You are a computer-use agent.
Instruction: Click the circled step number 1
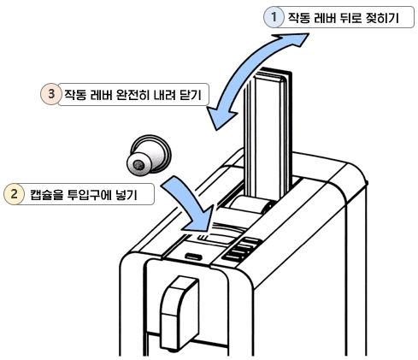(274, 16)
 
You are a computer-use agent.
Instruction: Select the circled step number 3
(50, 93)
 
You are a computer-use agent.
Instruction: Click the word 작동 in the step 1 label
(299, 17)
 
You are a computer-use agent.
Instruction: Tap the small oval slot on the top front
(193, 256)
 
